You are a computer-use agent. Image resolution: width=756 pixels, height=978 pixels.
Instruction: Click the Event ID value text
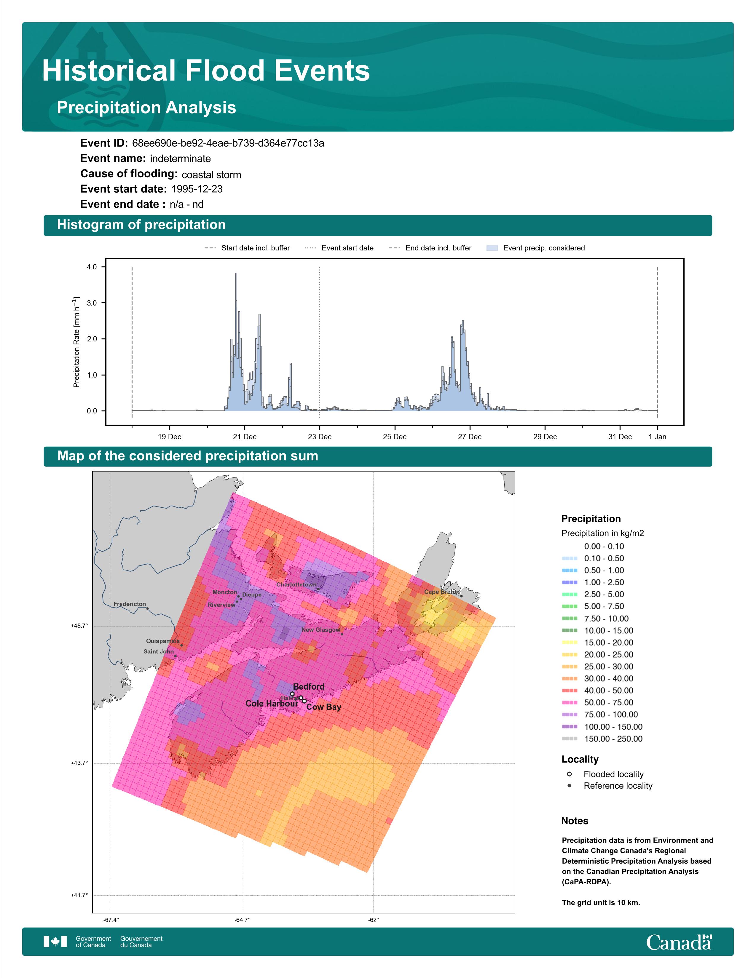228,143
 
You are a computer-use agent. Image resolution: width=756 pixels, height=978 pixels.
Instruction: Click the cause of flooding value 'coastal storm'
211,175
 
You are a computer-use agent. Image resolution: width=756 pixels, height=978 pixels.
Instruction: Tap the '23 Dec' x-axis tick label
319,437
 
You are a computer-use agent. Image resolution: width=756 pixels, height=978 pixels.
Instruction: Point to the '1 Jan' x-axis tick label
658,437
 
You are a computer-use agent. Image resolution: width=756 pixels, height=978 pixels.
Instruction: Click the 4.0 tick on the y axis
92,267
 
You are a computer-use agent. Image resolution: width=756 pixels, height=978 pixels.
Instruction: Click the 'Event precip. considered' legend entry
536,248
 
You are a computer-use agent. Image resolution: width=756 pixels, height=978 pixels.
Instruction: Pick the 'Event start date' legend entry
339,248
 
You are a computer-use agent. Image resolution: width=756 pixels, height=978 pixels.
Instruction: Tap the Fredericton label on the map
130,604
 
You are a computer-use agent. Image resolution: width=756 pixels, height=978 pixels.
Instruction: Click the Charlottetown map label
296,585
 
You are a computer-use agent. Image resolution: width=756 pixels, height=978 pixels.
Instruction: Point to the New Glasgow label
321,629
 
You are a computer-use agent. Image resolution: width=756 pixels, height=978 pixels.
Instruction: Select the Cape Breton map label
442,592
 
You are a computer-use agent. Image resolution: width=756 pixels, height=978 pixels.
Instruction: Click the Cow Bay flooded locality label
324,707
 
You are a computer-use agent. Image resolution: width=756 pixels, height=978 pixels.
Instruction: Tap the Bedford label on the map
309,686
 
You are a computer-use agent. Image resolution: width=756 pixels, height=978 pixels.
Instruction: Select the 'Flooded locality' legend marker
569,774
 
